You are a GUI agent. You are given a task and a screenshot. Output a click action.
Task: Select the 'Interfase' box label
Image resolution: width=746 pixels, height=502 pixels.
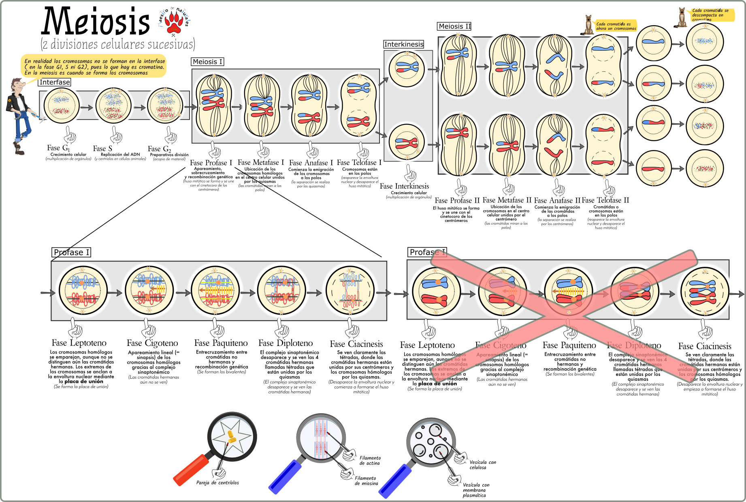click(x=55, y=82)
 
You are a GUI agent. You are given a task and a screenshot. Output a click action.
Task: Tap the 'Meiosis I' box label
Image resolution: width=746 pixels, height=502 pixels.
click(x=207, y=62)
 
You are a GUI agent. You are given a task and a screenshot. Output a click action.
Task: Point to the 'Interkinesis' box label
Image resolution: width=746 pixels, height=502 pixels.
click(x=404, y=44)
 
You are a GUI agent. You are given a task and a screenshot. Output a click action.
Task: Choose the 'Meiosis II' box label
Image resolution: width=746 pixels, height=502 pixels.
click(x=455, y=26)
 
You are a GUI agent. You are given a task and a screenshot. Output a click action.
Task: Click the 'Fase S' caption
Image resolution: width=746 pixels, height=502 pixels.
click(x=102, y=148)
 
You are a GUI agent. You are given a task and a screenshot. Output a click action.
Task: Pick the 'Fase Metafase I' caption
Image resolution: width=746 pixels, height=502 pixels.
click(x=260, y=163)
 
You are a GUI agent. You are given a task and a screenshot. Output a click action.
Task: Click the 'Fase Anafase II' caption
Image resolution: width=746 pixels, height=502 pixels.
click(x=557, y=200)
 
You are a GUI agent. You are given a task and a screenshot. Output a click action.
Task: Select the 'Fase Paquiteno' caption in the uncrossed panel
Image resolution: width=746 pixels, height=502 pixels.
click(x=221, y=343)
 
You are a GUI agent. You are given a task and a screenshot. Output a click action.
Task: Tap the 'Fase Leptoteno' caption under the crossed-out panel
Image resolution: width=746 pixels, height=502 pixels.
click(x=427, y=345)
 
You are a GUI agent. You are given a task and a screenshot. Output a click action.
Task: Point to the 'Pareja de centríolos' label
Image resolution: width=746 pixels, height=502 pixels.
click(x=217, y=483)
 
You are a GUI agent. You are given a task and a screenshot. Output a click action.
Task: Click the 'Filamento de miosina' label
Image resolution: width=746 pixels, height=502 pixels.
click(x=366, y=481)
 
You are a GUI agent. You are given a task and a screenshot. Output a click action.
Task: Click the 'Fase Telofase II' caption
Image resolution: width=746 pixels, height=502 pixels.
click(x=605, y=200)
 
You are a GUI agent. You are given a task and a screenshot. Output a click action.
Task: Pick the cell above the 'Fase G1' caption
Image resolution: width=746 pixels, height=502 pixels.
click(x=62, y=105)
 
